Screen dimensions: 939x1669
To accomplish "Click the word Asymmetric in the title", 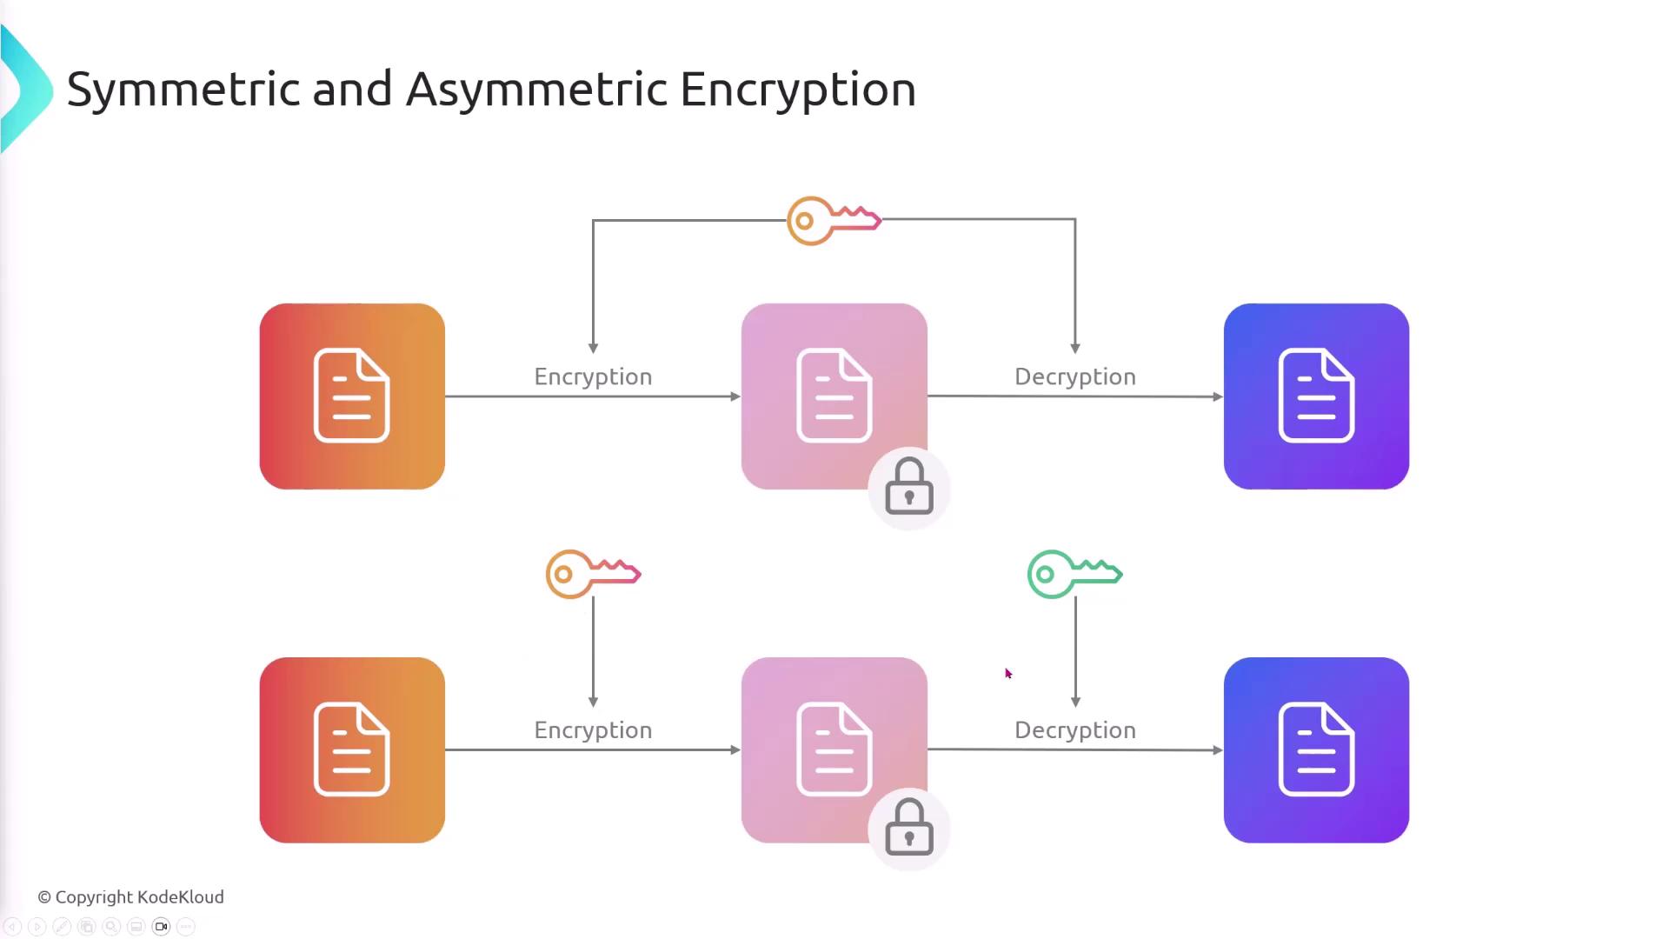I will [536, 90].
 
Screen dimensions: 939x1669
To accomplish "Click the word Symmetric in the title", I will [183, 90].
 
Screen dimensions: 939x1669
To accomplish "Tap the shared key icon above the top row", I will [833, 221].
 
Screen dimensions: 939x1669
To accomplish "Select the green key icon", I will [1074, 574].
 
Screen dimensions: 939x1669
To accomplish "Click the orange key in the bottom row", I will [592, 574].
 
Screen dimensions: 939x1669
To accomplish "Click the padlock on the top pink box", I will [909, 487].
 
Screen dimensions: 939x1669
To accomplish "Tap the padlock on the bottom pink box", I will [909, 829].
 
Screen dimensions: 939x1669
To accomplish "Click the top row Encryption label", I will [593, 376].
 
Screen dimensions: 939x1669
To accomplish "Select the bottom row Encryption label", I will [593, 730].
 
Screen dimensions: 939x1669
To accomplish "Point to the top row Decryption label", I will [1075, 376].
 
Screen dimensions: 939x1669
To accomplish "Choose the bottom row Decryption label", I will [1075, 730].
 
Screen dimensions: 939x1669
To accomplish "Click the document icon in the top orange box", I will [351, 396].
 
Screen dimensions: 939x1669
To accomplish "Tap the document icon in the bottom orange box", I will [351, 749].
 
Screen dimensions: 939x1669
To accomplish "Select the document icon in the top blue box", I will [1316, 396].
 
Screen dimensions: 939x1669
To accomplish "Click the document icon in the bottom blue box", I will [1316, 749].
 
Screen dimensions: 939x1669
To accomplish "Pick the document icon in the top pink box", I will [834, 396].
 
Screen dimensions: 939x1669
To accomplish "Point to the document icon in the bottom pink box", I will [834, 749].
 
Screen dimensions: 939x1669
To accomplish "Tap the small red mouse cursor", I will [1008, 674].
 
